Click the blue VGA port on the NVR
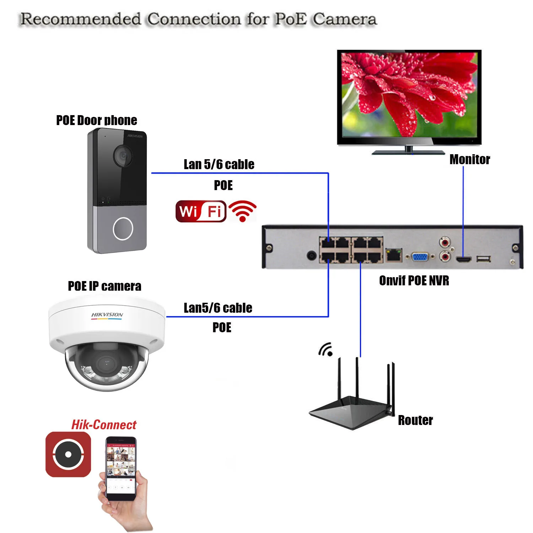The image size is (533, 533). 420,256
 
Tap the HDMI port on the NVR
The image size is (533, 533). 463,259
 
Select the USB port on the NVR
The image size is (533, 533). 484,259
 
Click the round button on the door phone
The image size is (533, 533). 123,228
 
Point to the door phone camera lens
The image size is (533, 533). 123,156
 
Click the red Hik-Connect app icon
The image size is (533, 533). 68,454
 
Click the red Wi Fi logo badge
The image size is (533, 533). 201,211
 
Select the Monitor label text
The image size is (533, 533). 469,160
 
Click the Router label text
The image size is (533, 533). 415,420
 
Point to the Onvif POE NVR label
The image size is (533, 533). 414,281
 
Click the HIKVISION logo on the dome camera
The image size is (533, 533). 107,315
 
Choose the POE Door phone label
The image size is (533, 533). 97,120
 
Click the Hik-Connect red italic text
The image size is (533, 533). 104,425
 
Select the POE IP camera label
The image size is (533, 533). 104,286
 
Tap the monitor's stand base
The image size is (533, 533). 408,152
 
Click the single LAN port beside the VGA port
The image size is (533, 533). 394,255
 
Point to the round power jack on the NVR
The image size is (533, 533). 312,255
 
